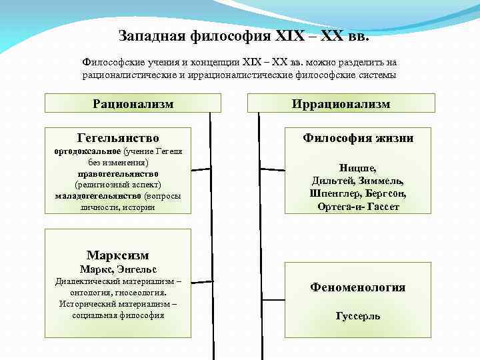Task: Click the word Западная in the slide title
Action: pos(157,35)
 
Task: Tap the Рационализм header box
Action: pos(133,103)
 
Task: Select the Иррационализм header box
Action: pos(341,103)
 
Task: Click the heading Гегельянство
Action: pos(118,138)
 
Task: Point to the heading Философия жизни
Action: pos(358,138)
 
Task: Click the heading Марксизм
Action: pos(118,255)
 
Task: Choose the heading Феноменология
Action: pos(358,287)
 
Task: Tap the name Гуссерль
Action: pos(358,315)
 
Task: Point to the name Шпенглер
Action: pos(334,194)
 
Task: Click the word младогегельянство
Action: pos(97,196)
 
